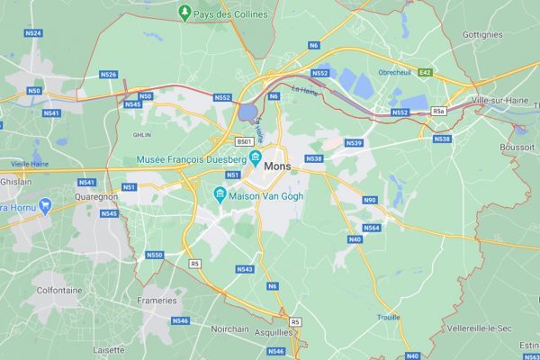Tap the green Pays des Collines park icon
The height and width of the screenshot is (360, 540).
[184, 13]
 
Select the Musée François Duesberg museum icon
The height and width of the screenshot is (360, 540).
[256, 159]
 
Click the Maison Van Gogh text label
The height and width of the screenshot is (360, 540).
[265, 195]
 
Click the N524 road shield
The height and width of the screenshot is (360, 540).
[33, 33]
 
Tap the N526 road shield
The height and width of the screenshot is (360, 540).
[109, 75]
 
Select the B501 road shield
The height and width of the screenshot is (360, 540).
[244, 141]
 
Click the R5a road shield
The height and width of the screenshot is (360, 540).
[439, 111]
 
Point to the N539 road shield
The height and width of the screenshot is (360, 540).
[354, 143]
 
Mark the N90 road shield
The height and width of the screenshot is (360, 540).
[369, 200]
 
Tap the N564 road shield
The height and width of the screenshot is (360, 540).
[372, 228]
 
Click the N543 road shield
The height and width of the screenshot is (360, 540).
[245, 269]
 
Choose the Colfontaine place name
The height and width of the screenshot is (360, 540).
[58, 290]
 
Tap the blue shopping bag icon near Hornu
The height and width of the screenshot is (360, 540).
[45, 206]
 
